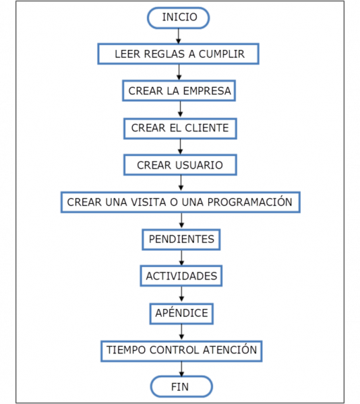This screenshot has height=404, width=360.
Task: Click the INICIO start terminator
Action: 179,17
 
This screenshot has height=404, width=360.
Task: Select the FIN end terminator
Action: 181,387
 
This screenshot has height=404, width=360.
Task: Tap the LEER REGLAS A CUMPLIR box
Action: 179,54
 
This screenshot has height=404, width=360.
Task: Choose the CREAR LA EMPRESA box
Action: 180,91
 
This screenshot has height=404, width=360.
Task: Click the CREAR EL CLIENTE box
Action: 180,127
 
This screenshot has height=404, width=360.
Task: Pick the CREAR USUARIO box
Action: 180,165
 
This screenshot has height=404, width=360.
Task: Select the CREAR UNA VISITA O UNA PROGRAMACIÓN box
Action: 180,202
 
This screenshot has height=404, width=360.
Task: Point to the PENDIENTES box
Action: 181,239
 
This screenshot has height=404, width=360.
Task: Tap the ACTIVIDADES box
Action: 181,276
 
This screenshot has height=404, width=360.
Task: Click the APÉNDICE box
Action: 181,313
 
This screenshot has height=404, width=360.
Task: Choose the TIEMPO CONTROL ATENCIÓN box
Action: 181,350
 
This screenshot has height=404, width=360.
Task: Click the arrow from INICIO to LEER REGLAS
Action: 179,36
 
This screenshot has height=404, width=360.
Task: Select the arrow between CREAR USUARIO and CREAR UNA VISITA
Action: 180,183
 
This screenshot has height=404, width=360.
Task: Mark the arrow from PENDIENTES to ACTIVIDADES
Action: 181,258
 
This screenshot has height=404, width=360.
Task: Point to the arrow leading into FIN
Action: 181,368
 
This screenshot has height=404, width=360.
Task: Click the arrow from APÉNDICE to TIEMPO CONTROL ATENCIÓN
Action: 181,331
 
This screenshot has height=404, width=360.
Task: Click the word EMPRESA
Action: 208,91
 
